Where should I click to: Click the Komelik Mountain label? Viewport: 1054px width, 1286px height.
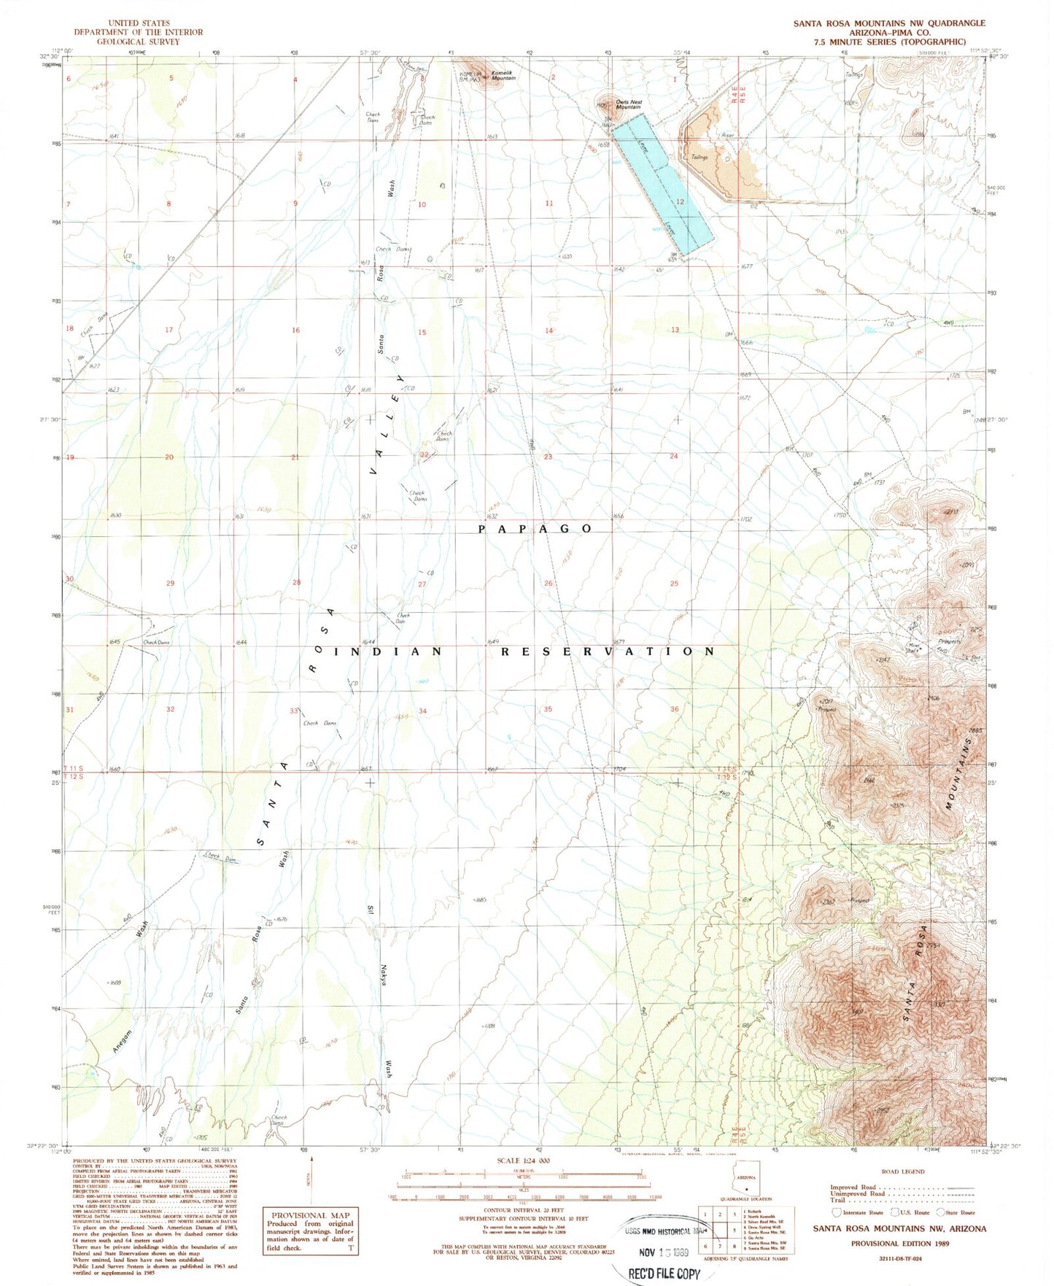point(503,76)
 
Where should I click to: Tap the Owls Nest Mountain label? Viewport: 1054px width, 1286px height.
point(628,104)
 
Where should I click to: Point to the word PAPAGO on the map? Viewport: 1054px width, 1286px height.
point(535,528)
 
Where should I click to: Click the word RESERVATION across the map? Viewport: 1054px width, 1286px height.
point(607,651)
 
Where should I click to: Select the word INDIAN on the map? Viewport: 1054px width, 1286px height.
point(387,651)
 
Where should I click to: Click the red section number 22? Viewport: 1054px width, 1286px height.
point(425,455)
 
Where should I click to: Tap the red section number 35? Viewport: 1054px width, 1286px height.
point(548,709)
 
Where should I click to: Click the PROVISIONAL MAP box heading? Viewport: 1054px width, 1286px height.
point(311,1215)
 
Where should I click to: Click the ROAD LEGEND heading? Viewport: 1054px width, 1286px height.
point(902,1171)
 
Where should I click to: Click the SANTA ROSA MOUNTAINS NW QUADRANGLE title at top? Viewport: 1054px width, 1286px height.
point(889,23)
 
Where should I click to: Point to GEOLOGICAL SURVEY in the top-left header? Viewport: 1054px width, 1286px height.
point(138,42)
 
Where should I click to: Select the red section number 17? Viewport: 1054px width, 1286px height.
point(169,330)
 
